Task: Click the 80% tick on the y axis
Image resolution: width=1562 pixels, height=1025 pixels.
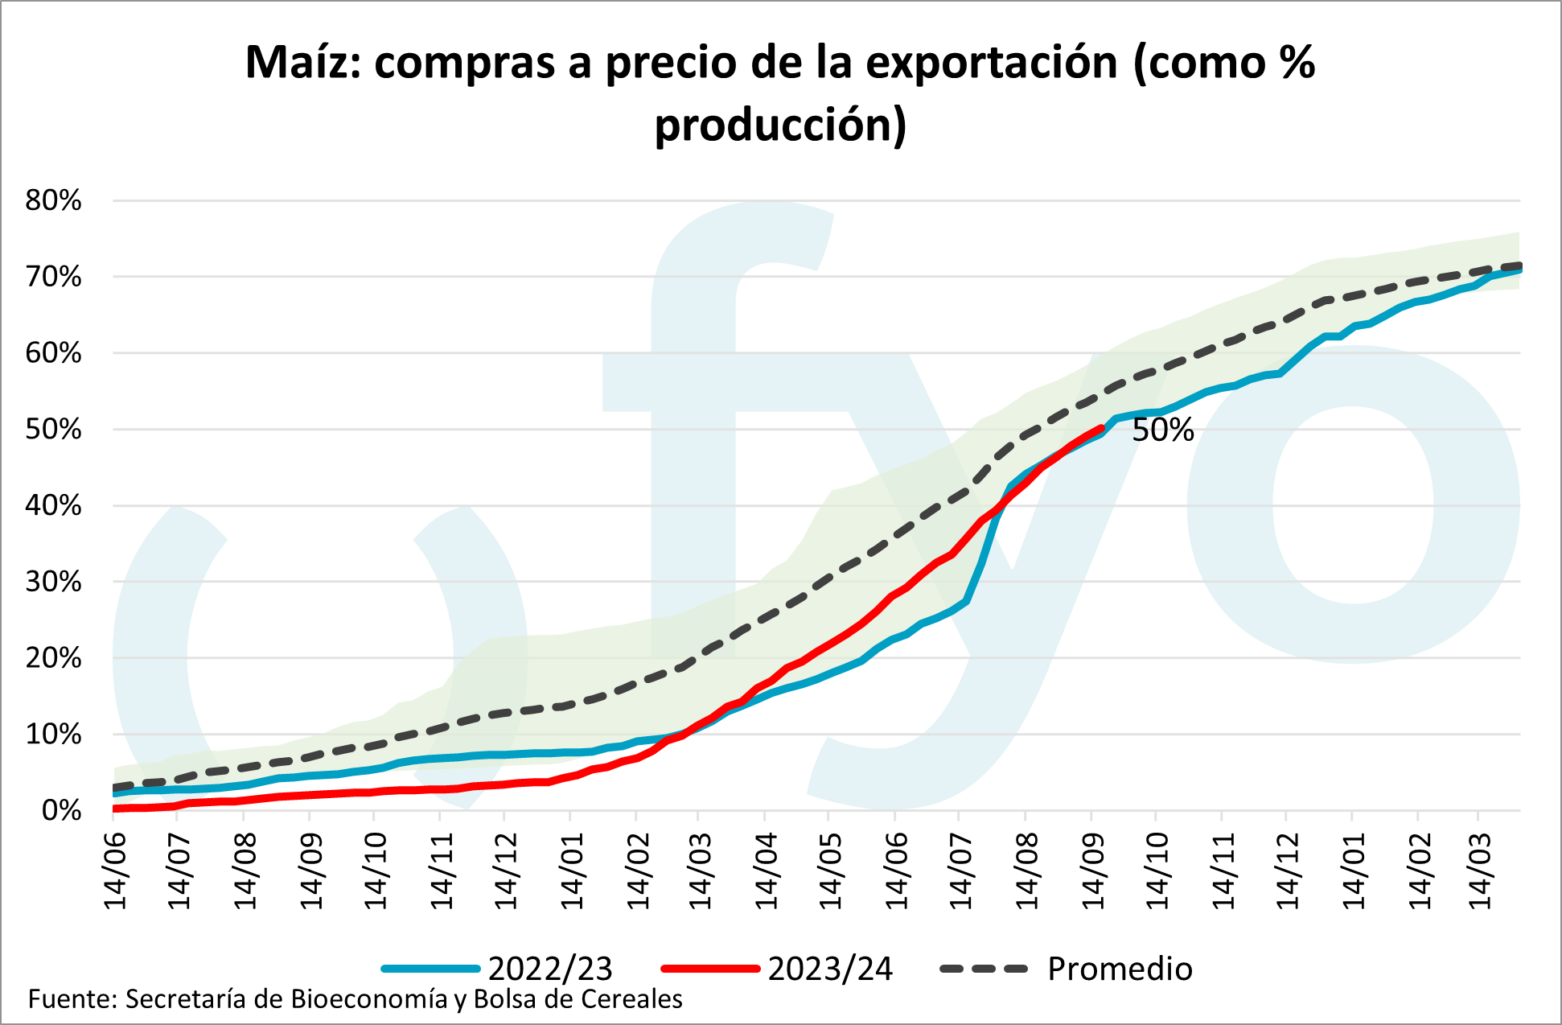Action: [53, 200]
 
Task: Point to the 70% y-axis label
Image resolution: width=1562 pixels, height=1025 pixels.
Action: [53, 277]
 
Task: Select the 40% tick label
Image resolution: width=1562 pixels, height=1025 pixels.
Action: [53, 506]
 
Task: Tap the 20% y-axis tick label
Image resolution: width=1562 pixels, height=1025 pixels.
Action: [53, 658]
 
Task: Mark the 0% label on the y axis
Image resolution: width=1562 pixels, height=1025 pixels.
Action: [61, 810]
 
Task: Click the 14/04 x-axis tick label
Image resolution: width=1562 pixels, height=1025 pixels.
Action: [766, 872]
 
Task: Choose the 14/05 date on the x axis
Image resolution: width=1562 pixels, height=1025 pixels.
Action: [831, 872]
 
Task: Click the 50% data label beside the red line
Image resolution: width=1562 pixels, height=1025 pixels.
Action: [1162, 430]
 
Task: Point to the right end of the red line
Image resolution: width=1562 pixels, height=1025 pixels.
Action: [1101, 428]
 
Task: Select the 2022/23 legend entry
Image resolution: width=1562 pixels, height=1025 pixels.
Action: [550, 969]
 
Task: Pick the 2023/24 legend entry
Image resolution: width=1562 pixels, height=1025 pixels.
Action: [830, 969]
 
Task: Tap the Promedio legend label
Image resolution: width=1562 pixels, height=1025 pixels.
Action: [1120, 969]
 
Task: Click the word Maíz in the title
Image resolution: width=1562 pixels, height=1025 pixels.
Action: [303, 62]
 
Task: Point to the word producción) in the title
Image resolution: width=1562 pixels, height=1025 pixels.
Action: [780, 125]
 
